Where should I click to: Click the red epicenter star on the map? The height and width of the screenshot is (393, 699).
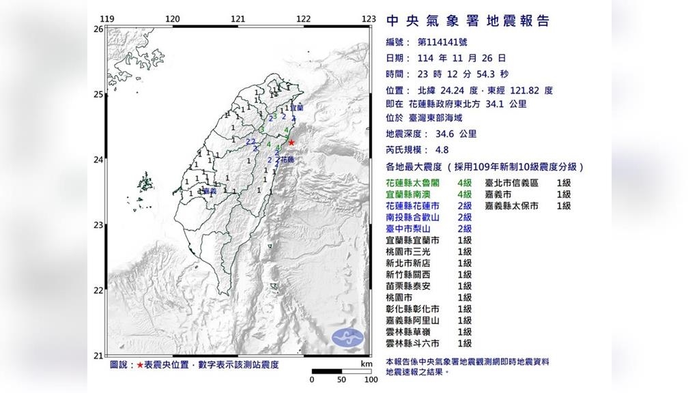[x=291, y=143]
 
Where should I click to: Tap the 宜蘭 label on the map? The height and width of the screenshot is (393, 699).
[x=297, y=108]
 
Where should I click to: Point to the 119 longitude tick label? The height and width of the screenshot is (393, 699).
[x=106, y=19]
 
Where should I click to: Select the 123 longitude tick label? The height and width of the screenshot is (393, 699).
[x=369, y=19]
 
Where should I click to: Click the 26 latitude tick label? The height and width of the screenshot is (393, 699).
[x=98, y=29]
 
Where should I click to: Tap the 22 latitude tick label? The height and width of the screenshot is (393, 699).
[x=98, y=291]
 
